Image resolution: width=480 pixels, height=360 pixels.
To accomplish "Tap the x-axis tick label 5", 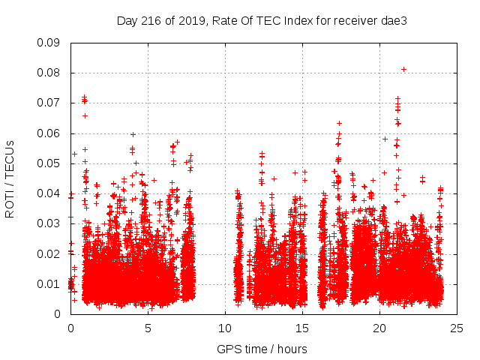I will click(x=148, y=328).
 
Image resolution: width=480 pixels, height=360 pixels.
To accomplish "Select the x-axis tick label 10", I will click(x=225, y=328).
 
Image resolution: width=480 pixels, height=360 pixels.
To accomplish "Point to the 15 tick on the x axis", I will click(x=302, y=328).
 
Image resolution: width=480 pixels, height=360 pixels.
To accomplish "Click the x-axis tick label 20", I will click(x=379, y=328).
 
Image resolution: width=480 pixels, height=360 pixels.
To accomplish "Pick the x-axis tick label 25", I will click(x=457, y=328).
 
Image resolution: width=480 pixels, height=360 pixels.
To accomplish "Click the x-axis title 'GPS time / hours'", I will click(x=262, y=349).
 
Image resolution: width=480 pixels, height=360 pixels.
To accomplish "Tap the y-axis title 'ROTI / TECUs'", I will click(x=10, y=178).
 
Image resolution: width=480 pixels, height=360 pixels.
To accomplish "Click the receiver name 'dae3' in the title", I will click(x=393, y=19).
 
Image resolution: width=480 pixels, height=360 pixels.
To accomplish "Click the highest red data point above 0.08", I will click(x=403, y=69).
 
